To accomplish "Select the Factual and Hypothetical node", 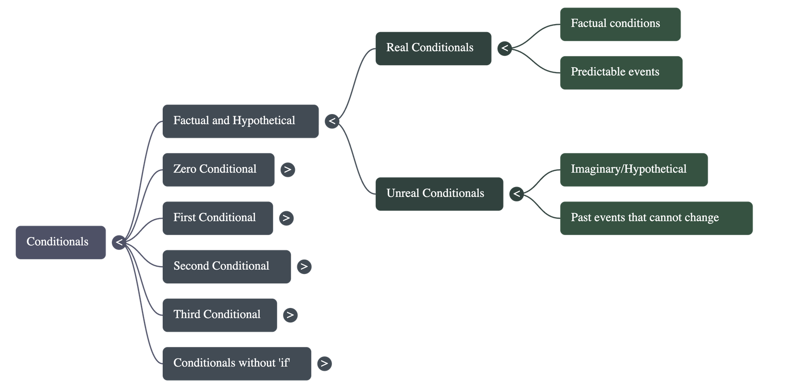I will coord(240,121).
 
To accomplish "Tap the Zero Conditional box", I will coord(218,169).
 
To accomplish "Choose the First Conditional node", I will coord(217,218).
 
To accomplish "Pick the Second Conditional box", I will coord(226,267).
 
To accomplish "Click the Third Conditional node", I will coord(219,315).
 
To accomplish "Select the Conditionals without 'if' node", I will coord(237,363).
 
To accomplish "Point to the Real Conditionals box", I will coord(433,48).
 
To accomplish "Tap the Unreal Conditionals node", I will coord(439,194).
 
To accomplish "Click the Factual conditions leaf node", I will coord(620,24).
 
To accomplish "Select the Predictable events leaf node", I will coord(621,73).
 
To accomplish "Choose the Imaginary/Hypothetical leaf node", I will coord(634,169).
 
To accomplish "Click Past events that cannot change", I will coord(656,218).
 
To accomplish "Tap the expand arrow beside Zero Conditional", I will coord(287,170).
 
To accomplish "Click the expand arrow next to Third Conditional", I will coord(290,315).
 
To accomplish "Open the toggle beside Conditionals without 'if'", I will coord(324,364).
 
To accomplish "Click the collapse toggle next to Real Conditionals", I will coord(504,48).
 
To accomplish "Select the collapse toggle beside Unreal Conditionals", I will coord(516,194).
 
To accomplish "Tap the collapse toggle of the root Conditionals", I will coord(119,242).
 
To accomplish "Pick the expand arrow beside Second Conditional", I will coord(304,267).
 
